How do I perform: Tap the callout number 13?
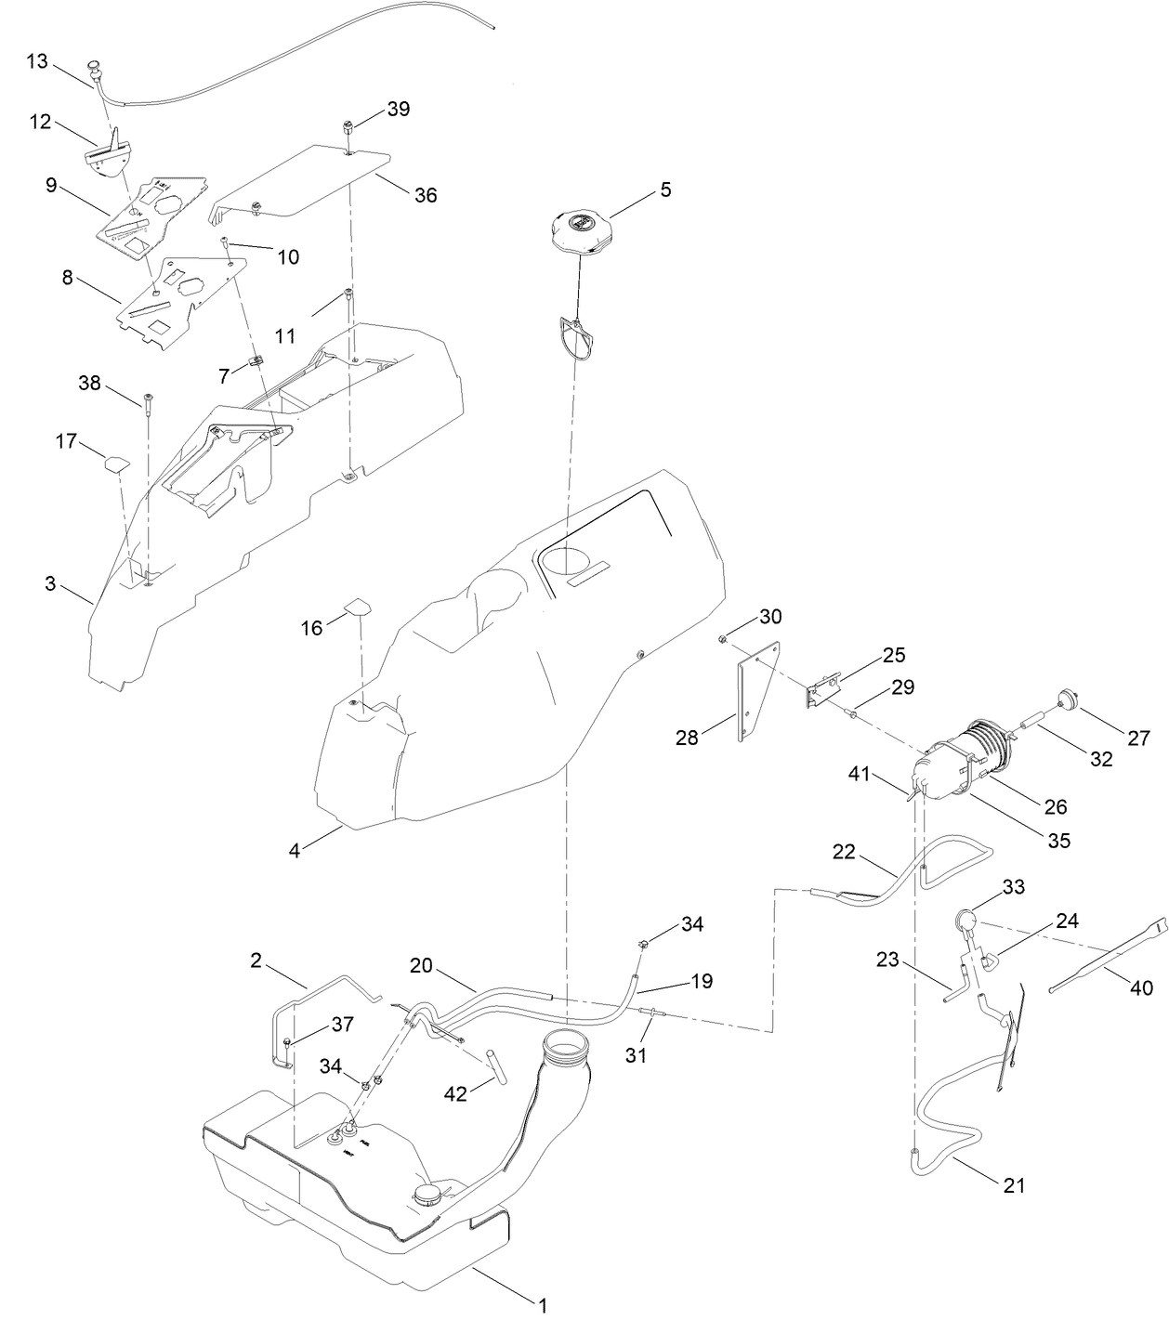point(36,61)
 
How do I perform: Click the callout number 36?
point(426,195)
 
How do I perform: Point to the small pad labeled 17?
point(116,461)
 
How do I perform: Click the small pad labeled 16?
point(359,607)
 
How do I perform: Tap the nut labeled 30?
point(722,638)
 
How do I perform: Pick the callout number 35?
point(1059,840)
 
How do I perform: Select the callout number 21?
point(1015,1185)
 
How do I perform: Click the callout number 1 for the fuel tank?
point(542,1304)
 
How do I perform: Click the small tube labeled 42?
point(498,1066)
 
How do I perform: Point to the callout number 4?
point(295,849)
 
